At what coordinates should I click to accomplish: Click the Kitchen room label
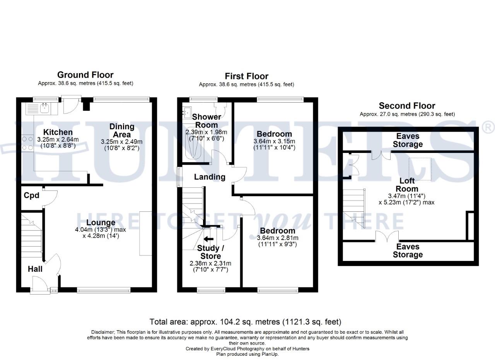(58, 132)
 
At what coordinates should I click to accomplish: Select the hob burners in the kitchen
(27, 143)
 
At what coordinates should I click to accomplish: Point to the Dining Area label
(122, 130)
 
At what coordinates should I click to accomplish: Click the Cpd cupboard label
(31, 195)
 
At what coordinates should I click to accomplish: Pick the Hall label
(35, 268)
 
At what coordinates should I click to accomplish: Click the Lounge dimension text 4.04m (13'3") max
(101, 230)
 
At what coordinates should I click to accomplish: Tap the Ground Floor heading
(85, 75)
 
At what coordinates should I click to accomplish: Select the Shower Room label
(207, 120)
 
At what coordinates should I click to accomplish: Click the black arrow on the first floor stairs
(209, 238)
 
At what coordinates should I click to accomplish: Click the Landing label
(210, 177)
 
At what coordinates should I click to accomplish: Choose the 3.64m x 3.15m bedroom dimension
(274, 141)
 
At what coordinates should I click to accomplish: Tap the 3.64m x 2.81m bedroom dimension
(277, 238)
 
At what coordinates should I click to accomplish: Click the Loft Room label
(407, 185)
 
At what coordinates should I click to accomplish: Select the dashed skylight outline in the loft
(420, 169)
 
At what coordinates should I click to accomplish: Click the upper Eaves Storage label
(408, 140)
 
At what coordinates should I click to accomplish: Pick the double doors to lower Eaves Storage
(387, 237)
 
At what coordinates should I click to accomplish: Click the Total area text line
(246, 322)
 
